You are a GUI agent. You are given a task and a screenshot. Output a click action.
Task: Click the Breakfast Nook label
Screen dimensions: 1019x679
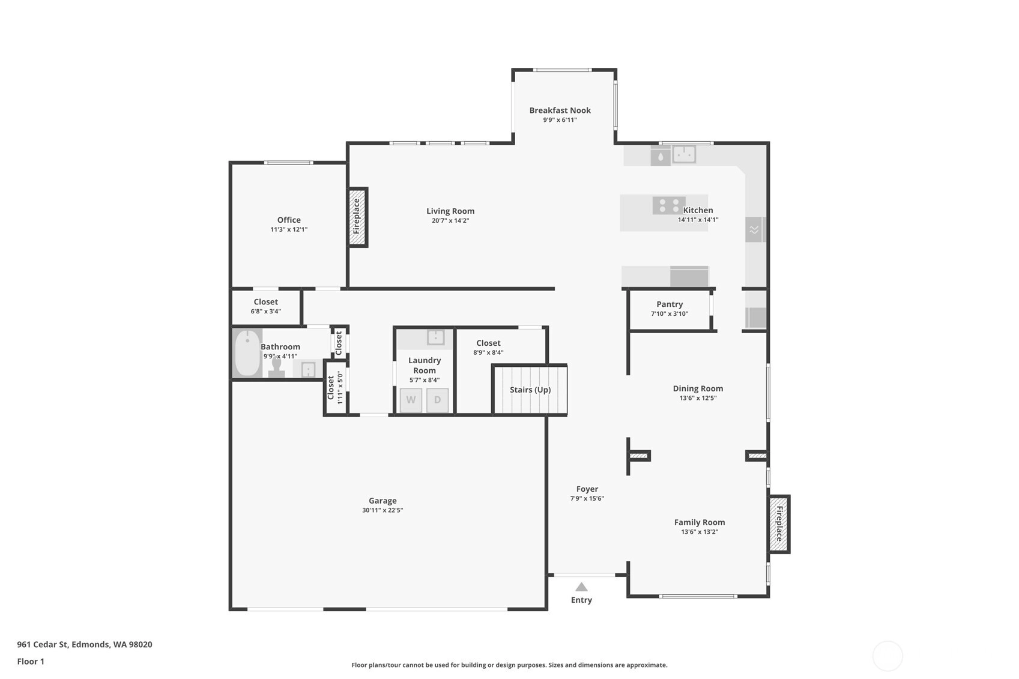point(560,110)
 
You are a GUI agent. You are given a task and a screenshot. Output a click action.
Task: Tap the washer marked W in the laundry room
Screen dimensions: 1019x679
point(411,400)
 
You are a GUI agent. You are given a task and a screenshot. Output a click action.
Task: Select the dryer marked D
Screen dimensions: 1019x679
point(437,400)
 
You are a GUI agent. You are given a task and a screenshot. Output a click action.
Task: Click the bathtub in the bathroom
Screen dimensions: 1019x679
point(247,353)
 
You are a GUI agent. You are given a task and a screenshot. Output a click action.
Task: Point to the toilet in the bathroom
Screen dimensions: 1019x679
point(276,367)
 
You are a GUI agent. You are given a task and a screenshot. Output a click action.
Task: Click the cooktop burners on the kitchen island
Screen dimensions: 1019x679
point(669,205)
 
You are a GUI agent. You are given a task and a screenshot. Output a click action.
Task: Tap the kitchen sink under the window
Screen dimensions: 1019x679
point(684,154)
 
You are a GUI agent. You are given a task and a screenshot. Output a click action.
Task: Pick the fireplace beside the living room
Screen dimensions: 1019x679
point(357,217)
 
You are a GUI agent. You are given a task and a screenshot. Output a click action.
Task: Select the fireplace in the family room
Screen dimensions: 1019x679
point(779,524)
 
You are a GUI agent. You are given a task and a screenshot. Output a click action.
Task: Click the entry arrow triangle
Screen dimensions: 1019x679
point(581,587)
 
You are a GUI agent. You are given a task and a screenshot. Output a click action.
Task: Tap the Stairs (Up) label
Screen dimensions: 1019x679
point(530,390)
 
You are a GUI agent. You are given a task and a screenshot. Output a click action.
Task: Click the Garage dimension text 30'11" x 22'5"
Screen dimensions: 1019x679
point(383,510)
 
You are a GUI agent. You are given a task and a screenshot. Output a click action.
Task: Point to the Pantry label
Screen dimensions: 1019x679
point(670,304)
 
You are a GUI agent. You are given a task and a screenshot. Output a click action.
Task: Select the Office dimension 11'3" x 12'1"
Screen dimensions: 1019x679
point(289,230)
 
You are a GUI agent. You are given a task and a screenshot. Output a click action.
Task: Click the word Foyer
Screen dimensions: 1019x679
point(587,489)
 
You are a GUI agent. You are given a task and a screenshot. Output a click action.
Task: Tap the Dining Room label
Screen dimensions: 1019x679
point(698,388)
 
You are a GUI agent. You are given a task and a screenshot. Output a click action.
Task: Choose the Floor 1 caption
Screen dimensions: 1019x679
point(31,661)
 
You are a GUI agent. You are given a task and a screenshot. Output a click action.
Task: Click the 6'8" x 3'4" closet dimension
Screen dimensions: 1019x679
point(265,312)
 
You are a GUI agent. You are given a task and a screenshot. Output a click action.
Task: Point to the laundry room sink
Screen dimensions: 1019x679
point(435,337)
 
